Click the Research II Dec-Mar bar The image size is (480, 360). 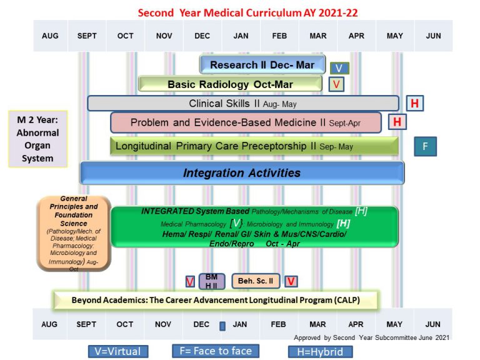262,65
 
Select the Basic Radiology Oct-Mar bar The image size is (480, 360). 230,84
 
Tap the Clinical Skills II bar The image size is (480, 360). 242,103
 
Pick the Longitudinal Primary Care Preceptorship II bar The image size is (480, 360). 254,146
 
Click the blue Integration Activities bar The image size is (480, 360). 242,173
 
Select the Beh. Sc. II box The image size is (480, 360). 255,281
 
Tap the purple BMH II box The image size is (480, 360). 211,281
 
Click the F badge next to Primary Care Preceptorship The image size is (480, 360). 425,146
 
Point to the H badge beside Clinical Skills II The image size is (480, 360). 415,103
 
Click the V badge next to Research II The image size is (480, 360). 339,68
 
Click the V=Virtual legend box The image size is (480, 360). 118,351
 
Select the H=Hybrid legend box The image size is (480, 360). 320,351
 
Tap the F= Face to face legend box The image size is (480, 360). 216,351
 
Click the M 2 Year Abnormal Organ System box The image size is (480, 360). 37,139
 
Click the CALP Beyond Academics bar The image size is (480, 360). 216,300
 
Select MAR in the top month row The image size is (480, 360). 317,36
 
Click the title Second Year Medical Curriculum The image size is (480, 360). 247,12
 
